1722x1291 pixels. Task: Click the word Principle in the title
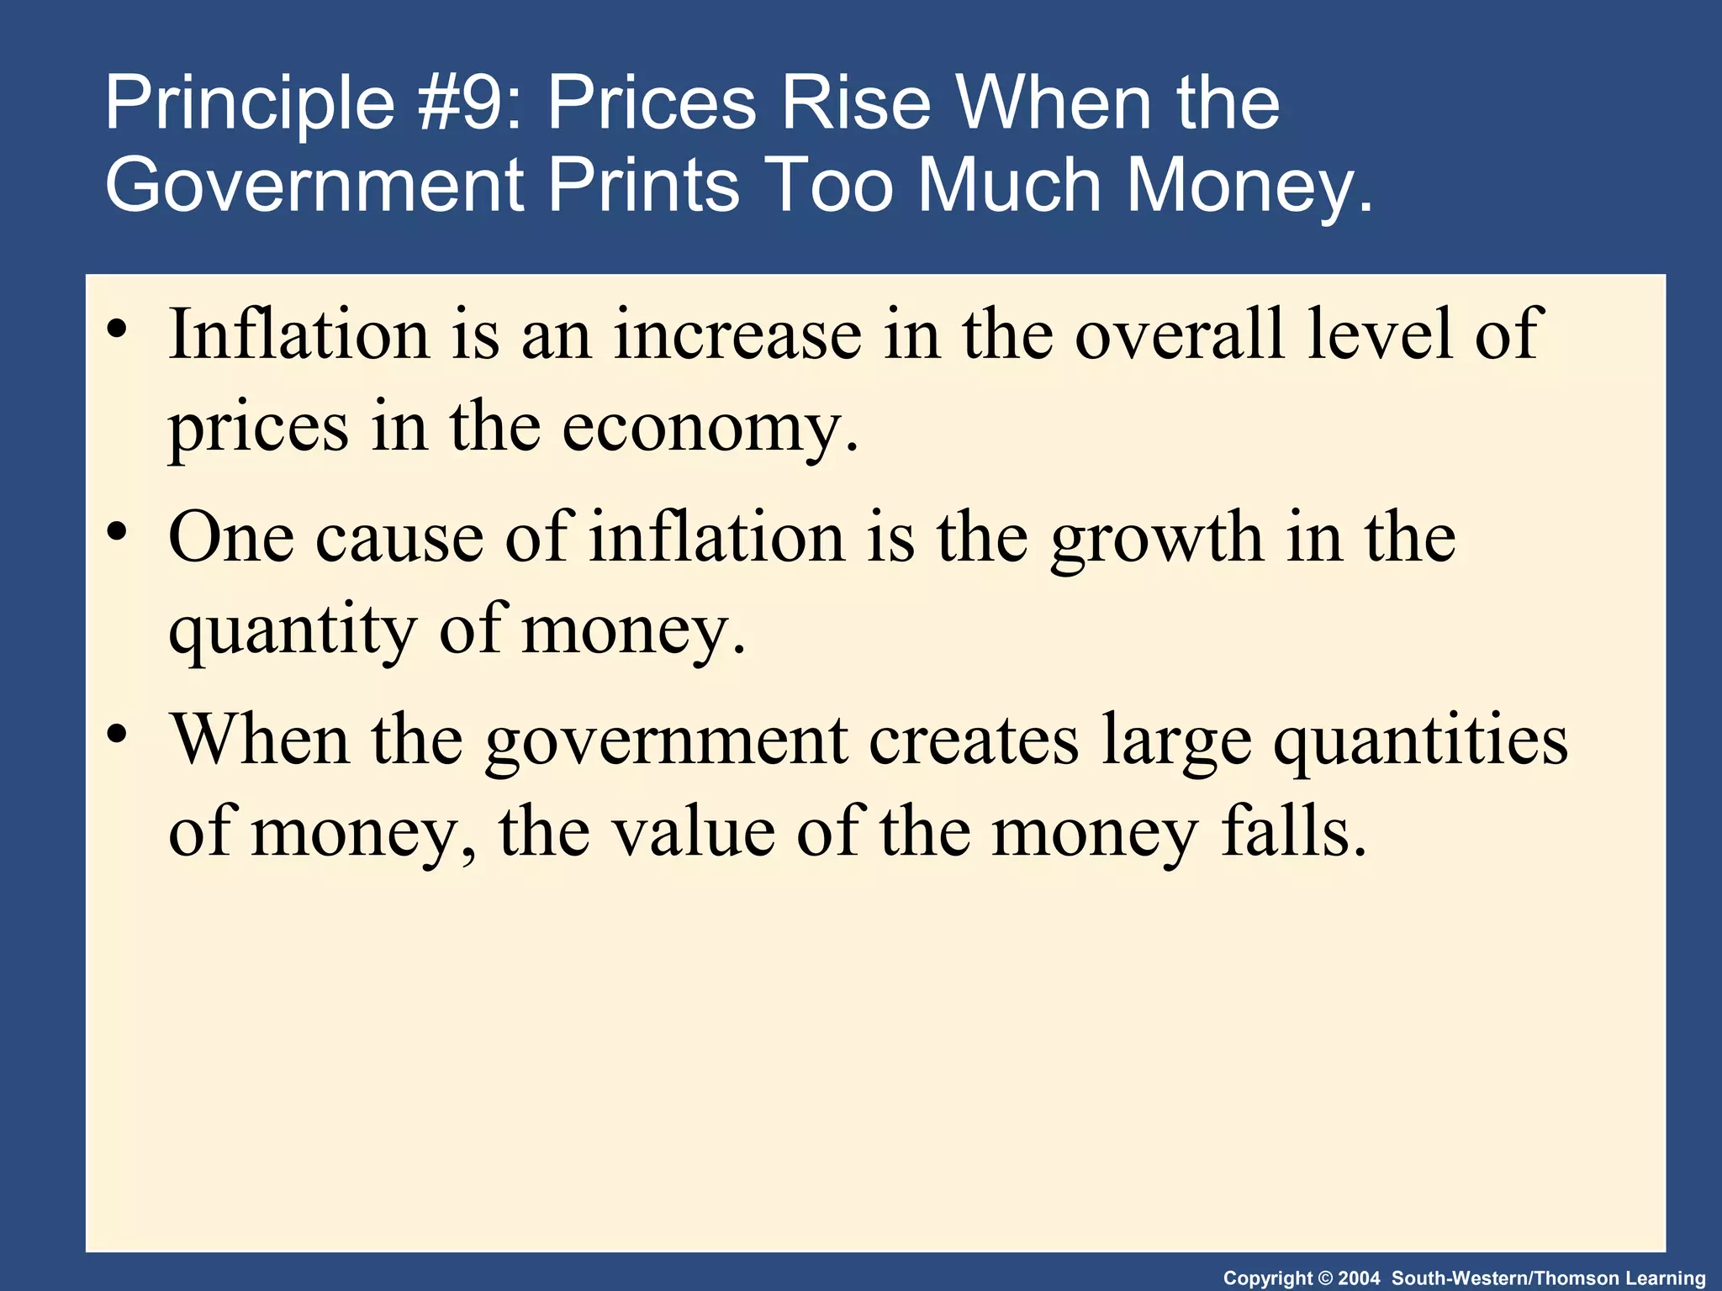point(250,105)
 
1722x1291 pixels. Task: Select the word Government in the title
point(314,186)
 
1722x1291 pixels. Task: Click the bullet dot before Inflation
point(118,328)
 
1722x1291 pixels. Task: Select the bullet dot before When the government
point(118,734)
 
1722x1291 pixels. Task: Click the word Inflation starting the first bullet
point(299,335)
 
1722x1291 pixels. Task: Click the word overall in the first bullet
point(1181,335)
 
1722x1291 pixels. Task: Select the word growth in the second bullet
point(1157,540)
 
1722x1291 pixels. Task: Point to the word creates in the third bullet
point(974,740)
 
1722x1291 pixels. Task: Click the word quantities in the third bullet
point(1420,742)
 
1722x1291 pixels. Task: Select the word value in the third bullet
point(693,832)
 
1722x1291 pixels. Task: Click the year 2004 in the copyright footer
point(1359,1278)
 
